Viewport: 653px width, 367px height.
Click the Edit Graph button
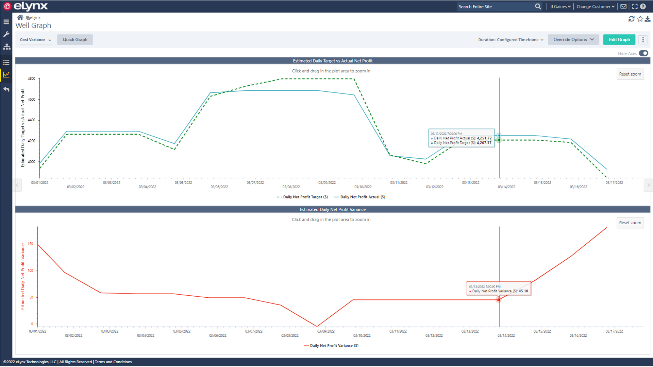click(x=619, y=40)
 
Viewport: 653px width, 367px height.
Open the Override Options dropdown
click(x=573, y=40)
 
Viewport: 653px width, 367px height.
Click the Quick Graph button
click(x=75, y=40)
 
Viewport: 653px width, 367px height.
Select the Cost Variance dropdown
click(x=35, y=40)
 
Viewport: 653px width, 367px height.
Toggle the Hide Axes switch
click(x=643, y=53)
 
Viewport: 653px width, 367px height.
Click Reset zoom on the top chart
click(x=630, y=74)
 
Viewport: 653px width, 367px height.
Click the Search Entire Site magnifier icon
click(x=538, y=6)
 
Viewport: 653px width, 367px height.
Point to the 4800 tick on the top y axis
click(x=32, y=79)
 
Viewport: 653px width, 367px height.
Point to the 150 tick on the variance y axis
click(x=31, y=244)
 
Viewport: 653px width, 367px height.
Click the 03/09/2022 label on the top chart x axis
click(x=327, y=183)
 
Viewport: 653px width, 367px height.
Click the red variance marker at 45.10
click(x=499, y=300)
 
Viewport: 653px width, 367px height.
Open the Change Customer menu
click(x=595, y=6)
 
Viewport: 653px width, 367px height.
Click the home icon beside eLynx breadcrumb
click(x=20, y=17)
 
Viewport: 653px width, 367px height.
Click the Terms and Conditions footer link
click(x=113, y=362)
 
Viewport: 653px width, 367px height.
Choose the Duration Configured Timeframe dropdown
click(x=510, y=40)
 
